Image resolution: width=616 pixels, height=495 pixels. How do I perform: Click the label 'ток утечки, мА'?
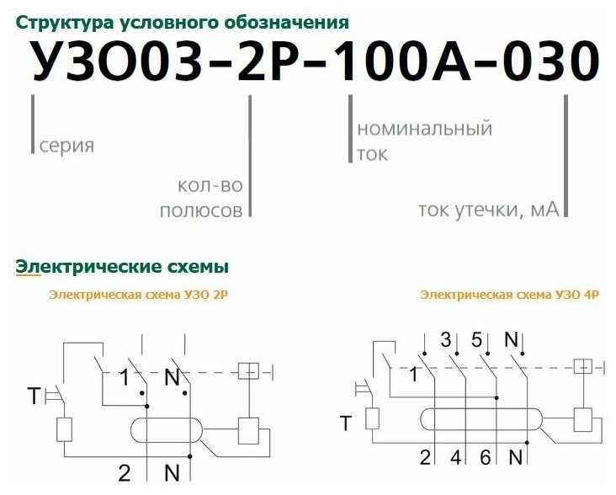tap(488, 210)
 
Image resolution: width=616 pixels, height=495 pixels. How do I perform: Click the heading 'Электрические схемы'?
tap(122, 267)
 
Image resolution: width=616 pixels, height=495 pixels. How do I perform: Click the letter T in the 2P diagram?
tap(33, 395)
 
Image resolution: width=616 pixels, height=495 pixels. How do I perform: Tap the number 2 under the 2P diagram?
tap(124, 472)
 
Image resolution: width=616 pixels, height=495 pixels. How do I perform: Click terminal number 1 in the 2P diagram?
tap(124, 378)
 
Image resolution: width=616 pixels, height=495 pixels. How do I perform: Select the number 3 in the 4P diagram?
tap(446, 341)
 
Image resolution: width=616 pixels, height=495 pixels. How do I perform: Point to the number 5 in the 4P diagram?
tap(477, 341)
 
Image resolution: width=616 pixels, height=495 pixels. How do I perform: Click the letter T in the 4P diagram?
tap(346, 423)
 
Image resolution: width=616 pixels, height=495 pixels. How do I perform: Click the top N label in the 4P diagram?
tap(510, 340)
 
